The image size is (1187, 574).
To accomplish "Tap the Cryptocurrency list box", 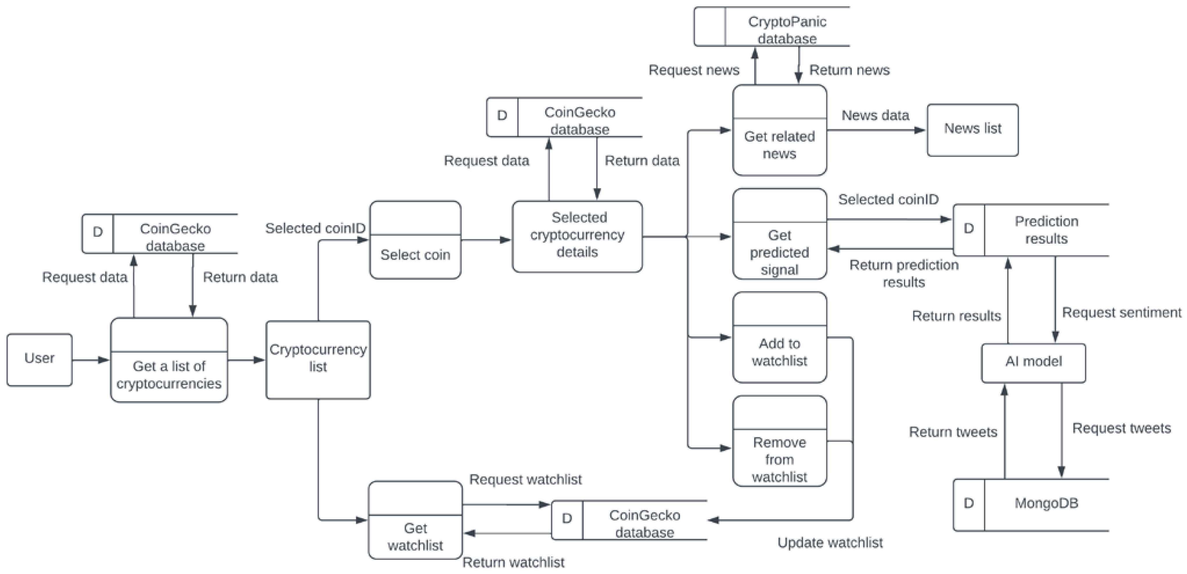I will tap(318, 359).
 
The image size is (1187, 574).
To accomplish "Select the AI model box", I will tap(1033, 363).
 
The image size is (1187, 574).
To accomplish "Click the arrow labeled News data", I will tap(876, 130).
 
